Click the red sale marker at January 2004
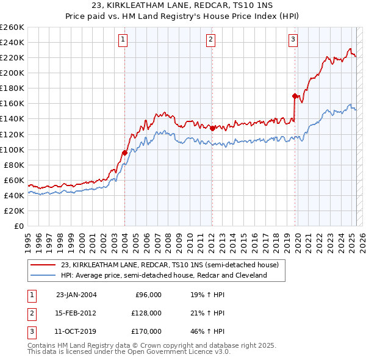tap(124, 152)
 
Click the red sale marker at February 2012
tap(212, 128)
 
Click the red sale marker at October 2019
tap(295, 96)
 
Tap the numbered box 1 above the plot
tap(123, 40)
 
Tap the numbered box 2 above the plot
tap(210, 40)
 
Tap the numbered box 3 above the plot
tap(293, 40)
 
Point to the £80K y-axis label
tap(14, 165)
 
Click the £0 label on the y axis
tap(19, 226)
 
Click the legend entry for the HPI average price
tap(163, 275)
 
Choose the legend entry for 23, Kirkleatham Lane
tap(170, 265)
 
